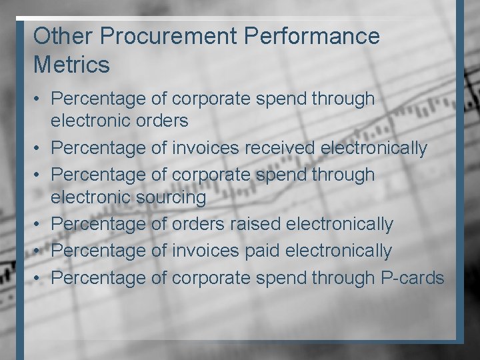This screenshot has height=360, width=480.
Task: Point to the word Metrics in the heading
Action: [71, 65]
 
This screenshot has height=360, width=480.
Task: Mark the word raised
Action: [255, 224]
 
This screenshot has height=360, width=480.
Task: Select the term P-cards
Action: [412, 277]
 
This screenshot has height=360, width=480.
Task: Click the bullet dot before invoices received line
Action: [39, 148]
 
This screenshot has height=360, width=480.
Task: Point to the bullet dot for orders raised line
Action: [39, 225]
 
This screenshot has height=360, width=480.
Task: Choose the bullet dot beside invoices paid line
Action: [39, 251]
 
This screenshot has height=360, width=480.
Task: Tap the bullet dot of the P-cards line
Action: [39, 278]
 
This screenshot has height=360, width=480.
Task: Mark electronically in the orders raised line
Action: [339, 224]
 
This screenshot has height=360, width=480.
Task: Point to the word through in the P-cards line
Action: [343, 277]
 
